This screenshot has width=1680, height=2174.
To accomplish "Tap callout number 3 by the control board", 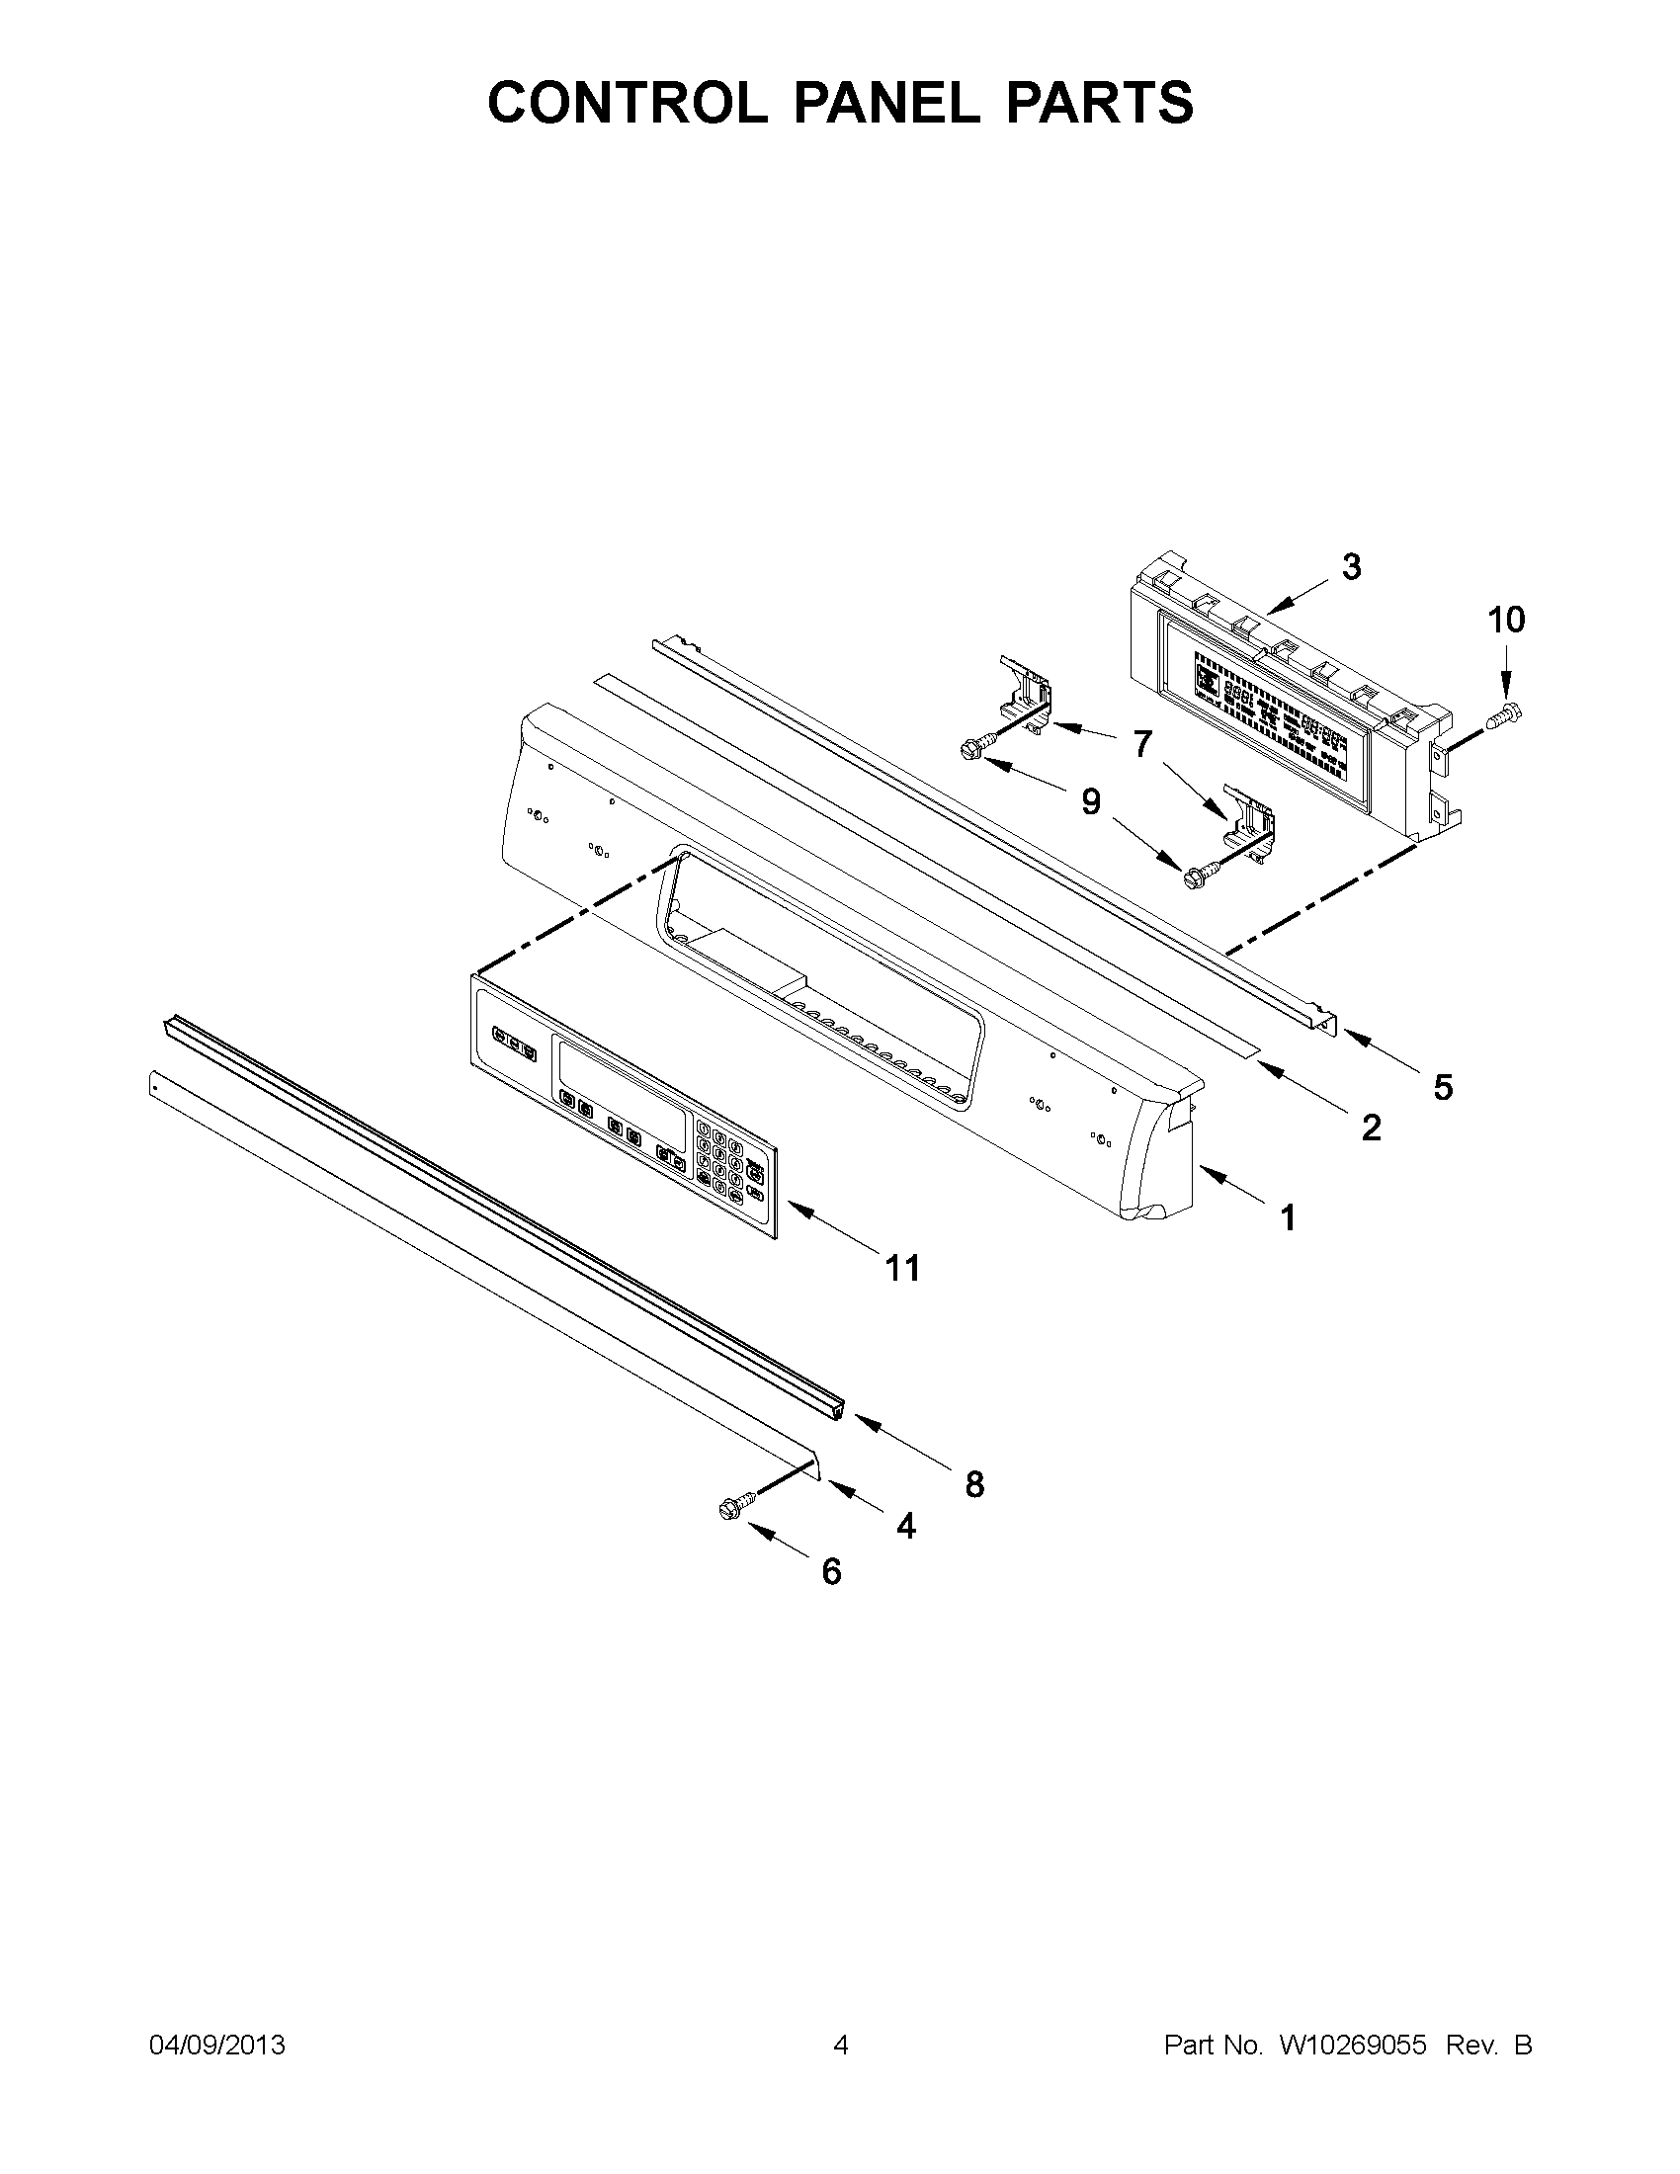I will coord(1351,567).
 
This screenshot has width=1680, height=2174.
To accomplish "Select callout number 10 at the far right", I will coord(1506,621).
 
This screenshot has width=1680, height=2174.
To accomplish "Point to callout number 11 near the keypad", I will coord(902,1268).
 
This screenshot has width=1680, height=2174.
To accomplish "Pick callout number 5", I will coord(1443,1087).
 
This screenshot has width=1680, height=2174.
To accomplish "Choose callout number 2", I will coord(1371,1128).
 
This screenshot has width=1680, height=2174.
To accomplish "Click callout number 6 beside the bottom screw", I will coord(832,1572).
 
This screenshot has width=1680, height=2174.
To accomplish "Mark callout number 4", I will coord(904,1526).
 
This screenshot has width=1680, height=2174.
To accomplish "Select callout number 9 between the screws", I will coord(1092,801).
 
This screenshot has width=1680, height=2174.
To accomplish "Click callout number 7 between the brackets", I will coord(1142,743).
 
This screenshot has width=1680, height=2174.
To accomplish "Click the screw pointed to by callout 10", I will coord(1506,712).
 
